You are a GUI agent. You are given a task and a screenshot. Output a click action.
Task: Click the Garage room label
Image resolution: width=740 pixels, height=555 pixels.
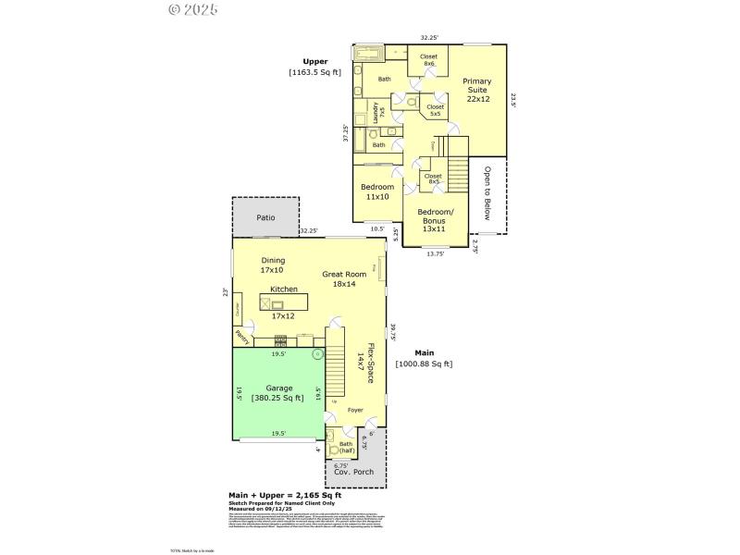[279, 388]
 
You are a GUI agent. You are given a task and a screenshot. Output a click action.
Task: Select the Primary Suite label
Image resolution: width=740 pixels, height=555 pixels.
[477, 90]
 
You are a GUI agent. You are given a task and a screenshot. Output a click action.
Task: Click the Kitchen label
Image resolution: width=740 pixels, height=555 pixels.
[284, 290]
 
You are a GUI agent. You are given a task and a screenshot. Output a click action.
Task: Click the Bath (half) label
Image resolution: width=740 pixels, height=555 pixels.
[345, 448]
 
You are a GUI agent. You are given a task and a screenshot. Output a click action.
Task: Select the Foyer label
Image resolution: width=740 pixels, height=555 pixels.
[355, 410]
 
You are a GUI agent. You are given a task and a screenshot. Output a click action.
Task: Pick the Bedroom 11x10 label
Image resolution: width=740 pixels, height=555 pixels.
[376, 192]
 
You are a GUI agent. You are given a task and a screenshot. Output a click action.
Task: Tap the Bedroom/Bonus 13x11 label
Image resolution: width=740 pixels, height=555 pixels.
[434, 223]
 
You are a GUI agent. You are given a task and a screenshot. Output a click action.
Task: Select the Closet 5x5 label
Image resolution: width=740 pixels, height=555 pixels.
[435, 110]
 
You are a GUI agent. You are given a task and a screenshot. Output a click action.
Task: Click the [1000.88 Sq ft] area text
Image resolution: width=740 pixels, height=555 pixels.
[424, 364]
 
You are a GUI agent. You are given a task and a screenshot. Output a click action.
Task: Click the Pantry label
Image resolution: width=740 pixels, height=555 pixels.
[242, 338]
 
